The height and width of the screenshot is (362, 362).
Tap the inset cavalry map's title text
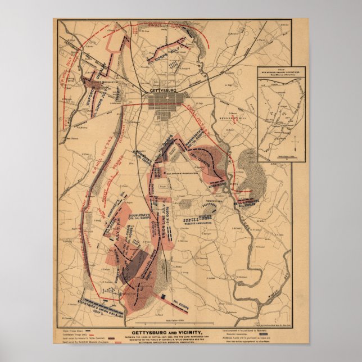(x=273, y=73)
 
